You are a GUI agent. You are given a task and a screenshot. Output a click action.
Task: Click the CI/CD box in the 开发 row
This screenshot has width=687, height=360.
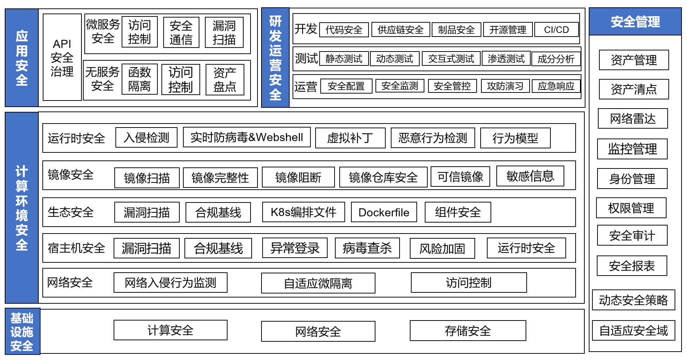(x=556, y=30)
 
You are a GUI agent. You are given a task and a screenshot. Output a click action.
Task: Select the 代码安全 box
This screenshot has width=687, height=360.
(x=344, y=30)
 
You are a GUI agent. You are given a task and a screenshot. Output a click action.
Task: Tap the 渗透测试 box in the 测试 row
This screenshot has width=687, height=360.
(x=506, y=58)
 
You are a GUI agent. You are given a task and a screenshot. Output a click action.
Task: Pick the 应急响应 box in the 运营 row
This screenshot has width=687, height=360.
(x=556, y=86)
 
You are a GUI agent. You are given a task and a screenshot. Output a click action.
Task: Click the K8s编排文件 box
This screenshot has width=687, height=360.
(x=304, y=212)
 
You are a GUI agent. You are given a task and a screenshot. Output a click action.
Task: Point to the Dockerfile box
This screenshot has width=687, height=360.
(x=384, y=212)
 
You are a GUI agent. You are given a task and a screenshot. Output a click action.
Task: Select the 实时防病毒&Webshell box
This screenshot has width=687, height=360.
(x=247, y=137)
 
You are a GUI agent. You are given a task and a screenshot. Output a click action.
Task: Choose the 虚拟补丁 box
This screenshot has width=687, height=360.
(x=350, y=138)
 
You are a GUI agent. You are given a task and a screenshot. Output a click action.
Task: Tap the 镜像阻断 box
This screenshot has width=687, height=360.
(x=298, y=178)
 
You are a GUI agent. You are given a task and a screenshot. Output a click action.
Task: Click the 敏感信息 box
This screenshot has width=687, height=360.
(x=530, y=176)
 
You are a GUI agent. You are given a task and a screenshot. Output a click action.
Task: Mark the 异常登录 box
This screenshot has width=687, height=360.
(x=295, y=248)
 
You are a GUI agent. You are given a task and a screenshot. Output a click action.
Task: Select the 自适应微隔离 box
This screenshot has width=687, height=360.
(x=318, y=283)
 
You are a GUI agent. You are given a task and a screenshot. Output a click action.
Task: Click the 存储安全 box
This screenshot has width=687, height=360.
(x=467, y=331)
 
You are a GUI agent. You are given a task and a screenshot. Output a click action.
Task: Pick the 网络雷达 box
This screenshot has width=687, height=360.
(x=633, y=119)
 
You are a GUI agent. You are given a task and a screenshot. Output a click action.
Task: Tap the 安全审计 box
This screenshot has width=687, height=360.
(x=632, y=236)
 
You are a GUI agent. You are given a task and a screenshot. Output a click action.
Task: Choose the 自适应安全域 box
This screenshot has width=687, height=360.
(x=633, y=331)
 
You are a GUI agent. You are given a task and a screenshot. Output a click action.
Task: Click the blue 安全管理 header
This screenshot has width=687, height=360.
(x=635, y=22)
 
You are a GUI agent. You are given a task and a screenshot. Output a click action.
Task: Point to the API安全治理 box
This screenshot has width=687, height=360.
(x=62, y=57)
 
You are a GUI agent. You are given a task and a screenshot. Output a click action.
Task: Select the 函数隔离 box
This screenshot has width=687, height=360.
(x=140, y=79)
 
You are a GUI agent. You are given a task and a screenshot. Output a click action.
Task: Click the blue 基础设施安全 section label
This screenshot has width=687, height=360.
(x=22, y=331)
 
